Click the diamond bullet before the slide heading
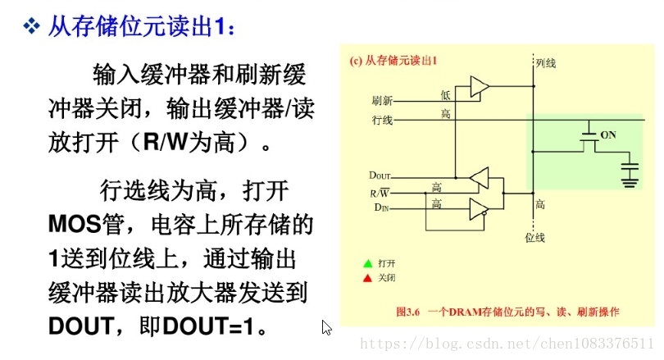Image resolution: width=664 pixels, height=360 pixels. click(x=31, y=27)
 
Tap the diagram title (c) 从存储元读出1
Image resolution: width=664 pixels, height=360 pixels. click(x=394, y=61)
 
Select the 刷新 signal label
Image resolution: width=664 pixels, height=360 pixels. click(x=382, y=101)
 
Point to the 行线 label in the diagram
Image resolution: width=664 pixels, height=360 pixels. click(x=382, y=121)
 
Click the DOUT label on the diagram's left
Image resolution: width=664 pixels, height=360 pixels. click(x=380, y=175)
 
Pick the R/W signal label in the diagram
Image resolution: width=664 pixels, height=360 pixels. click(x=380, y=193)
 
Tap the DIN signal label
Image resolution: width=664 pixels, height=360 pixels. click(x=381, y=208)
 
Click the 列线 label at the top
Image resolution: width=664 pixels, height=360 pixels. click(x=546, y=62)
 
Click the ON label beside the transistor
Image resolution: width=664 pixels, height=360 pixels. click(x=608, y=134)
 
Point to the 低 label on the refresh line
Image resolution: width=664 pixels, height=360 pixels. click(x=445, y=95)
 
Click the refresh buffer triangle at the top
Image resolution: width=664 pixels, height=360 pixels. click(x=480, y=86)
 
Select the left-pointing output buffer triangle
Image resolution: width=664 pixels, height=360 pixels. click(x=479, y=177)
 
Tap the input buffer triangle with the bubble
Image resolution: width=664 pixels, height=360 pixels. click(x=479, y=209)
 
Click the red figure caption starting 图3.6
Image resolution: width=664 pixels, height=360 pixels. click(x=507, y=312)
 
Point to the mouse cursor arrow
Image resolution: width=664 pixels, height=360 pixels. click(x=326, y=327)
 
